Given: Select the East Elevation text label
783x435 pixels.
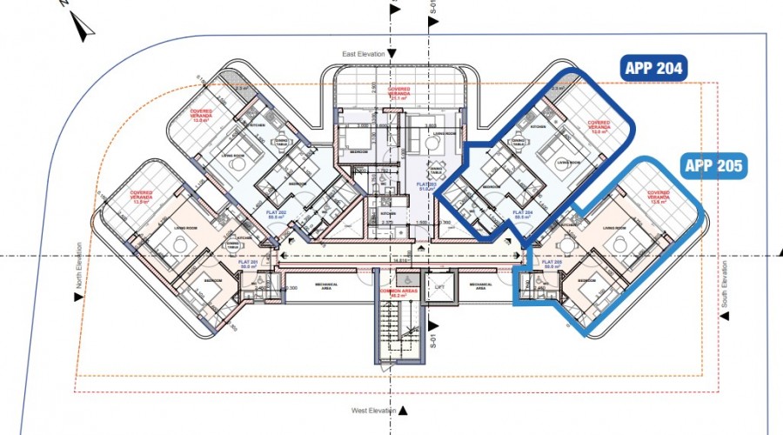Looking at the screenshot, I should [363, 54].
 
